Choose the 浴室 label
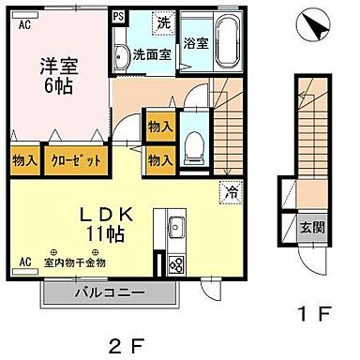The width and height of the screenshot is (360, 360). click(x=197, y=43)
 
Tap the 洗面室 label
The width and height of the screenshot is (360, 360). click(x=151, y=54)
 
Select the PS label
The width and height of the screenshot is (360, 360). click(x=119, y=16)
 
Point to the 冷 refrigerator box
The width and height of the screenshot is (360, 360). click(x=230, y=193)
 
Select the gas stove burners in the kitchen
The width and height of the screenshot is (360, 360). click(x=174, y=265)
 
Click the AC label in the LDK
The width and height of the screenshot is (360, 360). click(x=24, y=261)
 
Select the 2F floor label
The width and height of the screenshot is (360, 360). click(x=128, y=347)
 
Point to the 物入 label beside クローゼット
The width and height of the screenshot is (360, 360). click(x=24, y=160)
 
